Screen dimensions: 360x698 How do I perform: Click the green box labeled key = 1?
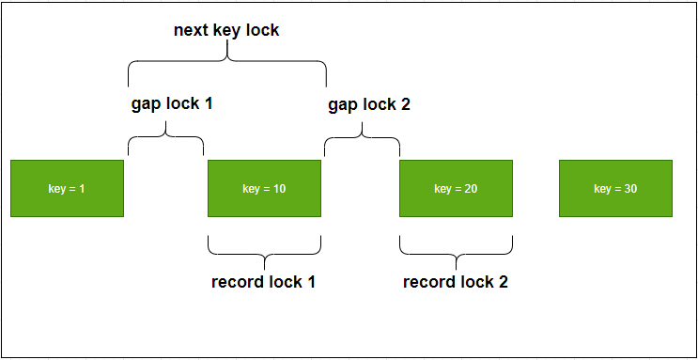[x=67, y=189]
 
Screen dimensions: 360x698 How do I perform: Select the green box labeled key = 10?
[x=264, y=189]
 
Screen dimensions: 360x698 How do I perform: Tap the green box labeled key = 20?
[x=456, y=189]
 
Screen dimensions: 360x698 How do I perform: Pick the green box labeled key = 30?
[x=615, y=189]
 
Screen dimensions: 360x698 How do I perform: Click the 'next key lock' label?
[x=226, y=30]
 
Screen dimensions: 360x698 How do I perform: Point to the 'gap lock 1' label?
[x=172, y=103]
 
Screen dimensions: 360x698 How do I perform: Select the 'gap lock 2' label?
[x=369, y=103]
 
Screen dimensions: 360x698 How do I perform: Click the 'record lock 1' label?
[x=263, y=282]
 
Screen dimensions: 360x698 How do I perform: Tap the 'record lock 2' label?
[x=456, y=282]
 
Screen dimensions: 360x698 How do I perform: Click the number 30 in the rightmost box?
[x=629, y=189]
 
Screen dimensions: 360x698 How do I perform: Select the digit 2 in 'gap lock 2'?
[x=405, y=103]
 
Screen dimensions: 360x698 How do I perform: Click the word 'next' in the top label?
[x=193, y=30]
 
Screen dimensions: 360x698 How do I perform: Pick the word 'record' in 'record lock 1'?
[x=238, y=282]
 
